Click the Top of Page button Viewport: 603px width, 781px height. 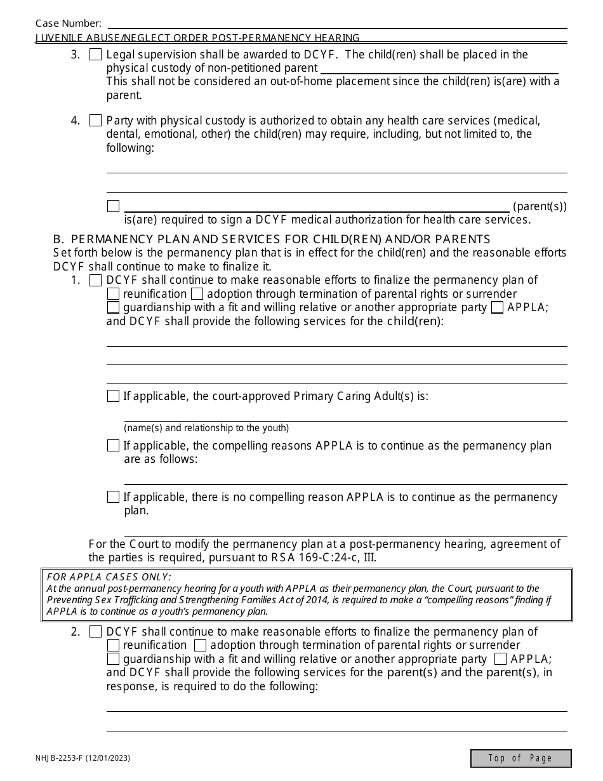(520, 758)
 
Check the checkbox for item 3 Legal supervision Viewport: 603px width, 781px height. (95, 55)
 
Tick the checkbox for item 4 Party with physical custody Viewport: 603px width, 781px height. (95, 121)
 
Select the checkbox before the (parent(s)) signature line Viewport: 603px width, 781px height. (113, 206)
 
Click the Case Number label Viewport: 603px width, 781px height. (68, 23)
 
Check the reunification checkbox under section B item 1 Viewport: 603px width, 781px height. (113, 294)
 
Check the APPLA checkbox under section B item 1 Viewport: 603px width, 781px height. (498, 308)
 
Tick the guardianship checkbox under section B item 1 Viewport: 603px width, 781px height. (113, 308)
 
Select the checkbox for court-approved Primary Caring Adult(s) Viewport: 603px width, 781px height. (113, 396)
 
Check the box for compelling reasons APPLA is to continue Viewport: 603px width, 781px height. (113, 446)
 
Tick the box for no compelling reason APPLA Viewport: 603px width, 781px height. (113, 497)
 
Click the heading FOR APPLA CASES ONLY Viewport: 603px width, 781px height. (109, 577)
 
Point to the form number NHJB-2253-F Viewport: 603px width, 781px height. (83, 758)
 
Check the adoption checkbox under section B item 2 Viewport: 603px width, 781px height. (200, 646)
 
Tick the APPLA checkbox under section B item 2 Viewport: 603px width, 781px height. (500, 659)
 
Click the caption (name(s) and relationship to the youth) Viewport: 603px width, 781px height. (206, 428)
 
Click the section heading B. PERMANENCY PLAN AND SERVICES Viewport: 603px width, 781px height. (272, 239)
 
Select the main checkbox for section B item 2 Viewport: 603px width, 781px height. (95, 632)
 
